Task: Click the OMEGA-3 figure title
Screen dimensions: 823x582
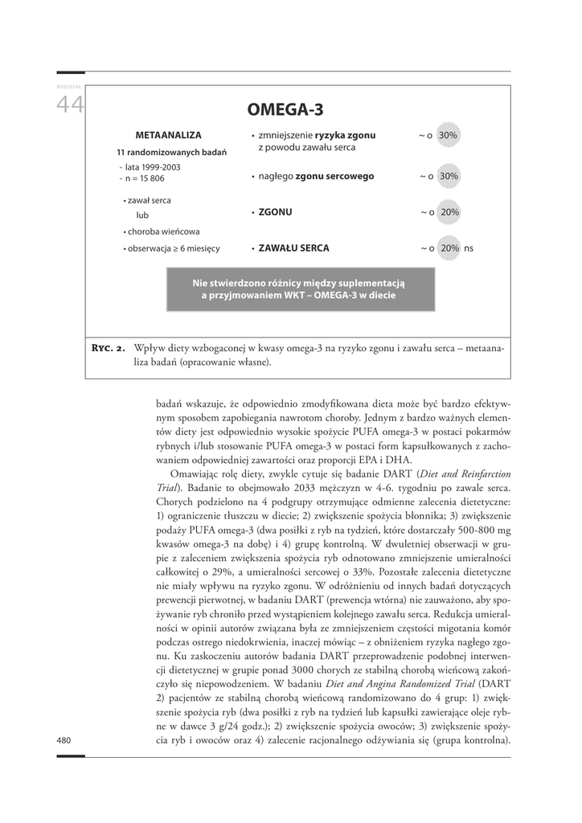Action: coord(285,109)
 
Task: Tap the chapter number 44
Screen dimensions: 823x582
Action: coord(70,105)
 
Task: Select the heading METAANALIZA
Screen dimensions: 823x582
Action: coord(168,136)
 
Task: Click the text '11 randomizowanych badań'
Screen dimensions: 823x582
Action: coord(171,152)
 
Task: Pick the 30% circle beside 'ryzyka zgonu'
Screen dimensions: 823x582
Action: coord(449,136)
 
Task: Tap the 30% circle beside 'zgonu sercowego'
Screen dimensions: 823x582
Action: coord(449,176)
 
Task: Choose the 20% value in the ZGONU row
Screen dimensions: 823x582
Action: coord(449,212)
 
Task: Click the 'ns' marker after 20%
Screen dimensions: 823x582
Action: coord(469,248)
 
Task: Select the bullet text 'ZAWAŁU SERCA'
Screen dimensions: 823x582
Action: coord(293,248)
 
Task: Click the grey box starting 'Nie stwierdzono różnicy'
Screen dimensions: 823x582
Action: coord(301,289)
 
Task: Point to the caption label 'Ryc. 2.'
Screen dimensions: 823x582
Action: coord(108,349)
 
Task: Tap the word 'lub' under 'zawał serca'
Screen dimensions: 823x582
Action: coord(142,215)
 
